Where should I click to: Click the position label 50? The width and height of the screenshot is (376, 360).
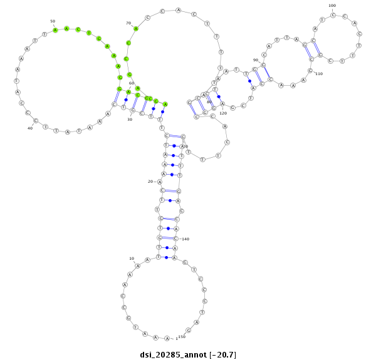[52, 21]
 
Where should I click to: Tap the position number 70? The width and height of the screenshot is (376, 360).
[128, 23]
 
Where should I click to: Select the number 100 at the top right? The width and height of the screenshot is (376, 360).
[332, 6]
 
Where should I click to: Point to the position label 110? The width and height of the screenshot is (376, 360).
[318, 74]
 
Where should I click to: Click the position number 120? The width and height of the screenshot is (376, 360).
[223, 113]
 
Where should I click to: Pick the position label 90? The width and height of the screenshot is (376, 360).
[256, 60]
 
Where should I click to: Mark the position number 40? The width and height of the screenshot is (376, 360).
[29, 128]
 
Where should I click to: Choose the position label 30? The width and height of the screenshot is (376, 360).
[130, 119]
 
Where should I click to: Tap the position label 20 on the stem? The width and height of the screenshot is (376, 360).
[150, 182]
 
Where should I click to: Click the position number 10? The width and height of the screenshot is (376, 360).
[132, 258]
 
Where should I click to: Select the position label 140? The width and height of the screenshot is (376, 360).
[185, 239]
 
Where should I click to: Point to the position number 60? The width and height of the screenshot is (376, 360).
[132, 83]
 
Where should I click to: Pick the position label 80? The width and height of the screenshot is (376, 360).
[209, 101]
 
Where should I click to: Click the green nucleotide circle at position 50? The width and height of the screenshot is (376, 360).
[55, 29]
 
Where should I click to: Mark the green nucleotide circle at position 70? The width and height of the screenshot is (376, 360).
[136, 28]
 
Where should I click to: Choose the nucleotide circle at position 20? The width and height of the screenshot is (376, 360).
[159, 182]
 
